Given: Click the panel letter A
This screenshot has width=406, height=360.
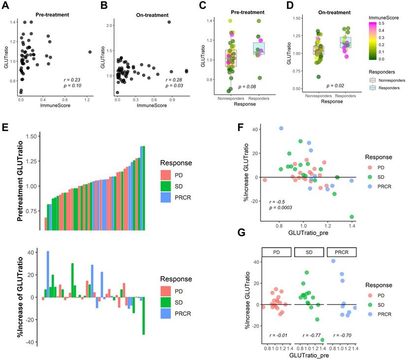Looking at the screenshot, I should (8, 6).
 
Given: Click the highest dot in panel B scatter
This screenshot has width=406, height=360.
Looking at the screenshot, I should (169, 22).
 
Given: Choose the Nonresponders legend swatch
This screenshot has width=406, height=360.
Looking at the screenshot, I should (374, 79).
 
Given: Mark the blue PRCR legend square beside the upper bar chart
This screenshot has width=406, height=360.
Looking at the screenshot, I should (166, 197).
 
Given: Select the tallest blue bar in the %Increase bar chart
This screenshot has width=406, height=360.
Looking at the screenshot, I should (48, 274).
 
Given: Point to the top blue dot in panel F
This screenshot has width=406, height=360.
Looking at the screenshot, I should (281, 129).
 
